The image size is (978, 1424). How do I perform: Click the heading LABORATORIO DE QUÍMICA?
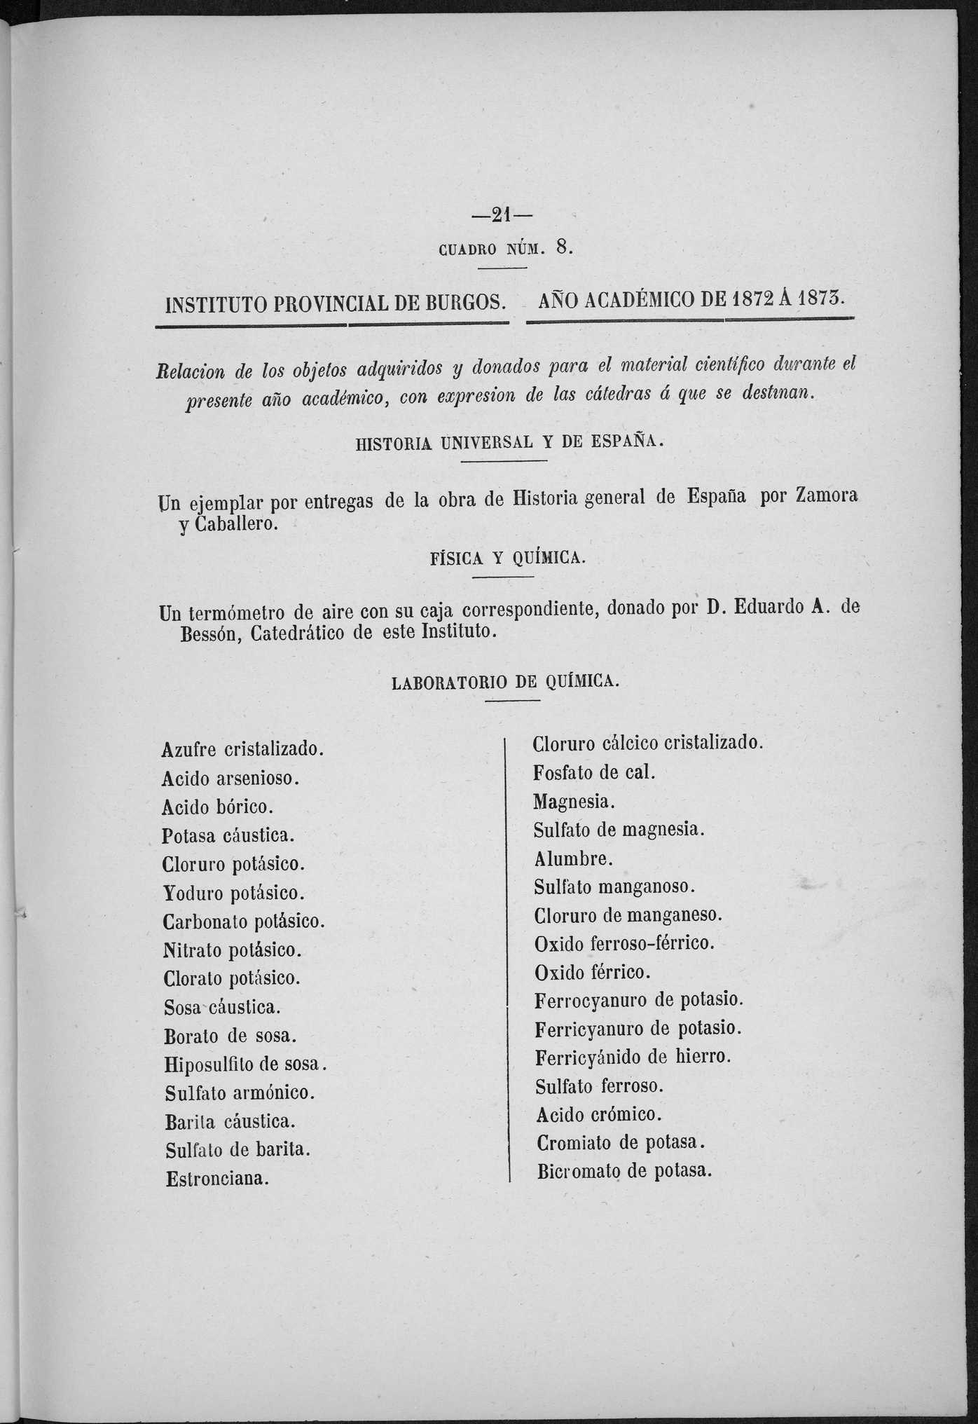(505, 682)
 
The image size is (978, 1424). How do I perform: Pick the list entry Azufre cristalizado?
(242, 749)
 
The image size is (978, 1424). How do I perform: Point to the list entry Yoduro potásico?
(233, 894)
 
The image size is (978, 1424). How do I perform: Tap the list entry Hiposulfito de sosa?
(246, 1064)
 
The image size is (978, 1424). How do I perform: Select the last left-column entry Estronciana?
(217, 1179)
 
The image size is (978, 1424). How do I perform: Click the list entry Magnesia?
(574, 801)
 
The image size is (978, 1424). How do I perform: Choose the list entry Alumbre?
(573, 858)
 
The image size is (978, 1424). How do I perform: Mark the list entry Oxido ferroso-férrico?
(624, 944)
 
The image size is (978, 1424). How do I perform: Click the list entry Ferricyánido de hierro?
(633, 1057)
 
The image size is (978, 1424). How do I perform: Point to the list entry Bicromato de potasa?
(624, 1171)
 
